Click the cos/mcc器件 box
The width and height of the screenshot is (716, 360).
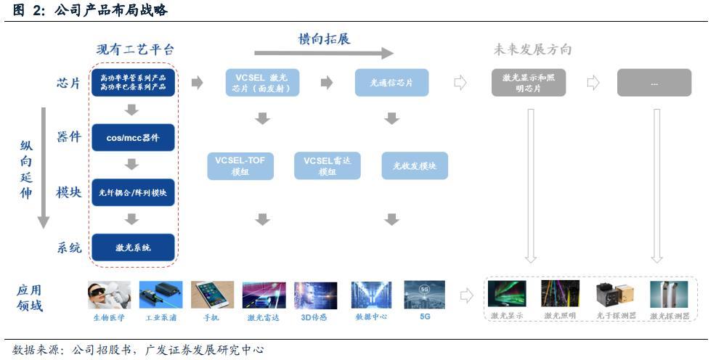pos(134,138)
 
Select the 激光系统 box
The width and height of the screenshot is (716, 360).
pos(134,247)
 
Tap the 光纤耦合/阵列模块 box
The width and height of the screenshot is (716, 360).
pos(134,192)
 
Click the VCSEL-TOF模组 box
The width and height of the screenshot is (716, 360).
pos(240,166)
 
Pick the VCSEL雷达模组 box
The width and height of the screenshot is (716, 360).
pos(328,166)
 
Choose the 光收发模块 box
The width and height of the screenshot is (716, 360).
pos(415,166)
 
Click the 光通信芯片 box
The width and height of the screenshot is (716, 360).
pos(391,83)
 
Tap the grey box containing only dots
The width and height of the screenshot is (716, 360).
pos(654,83)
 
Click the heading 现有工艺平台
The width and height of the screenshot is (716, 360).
pos(135,50)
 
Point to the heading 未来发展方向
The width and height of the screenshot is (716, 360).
pos(532,50)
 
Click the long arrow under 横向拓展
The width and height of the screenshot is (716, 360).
pos(323,53)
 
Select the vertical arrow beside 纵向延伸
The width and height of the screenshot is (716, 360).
pos(44,167)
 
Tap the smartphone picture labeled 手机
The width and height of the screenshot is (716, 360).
pos(212,295)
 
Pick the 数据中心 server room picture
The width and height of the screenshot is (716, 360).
pos(371,295)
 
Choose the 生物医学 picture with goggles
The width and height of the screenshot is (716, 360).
pos(109,295)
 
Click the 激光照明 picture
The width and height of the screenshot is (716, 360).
pos(560,295)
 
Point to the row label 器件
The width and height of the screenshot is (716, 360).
pos(69,137)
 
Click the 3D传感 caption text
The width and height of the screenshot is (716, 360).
pos(314,317)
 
